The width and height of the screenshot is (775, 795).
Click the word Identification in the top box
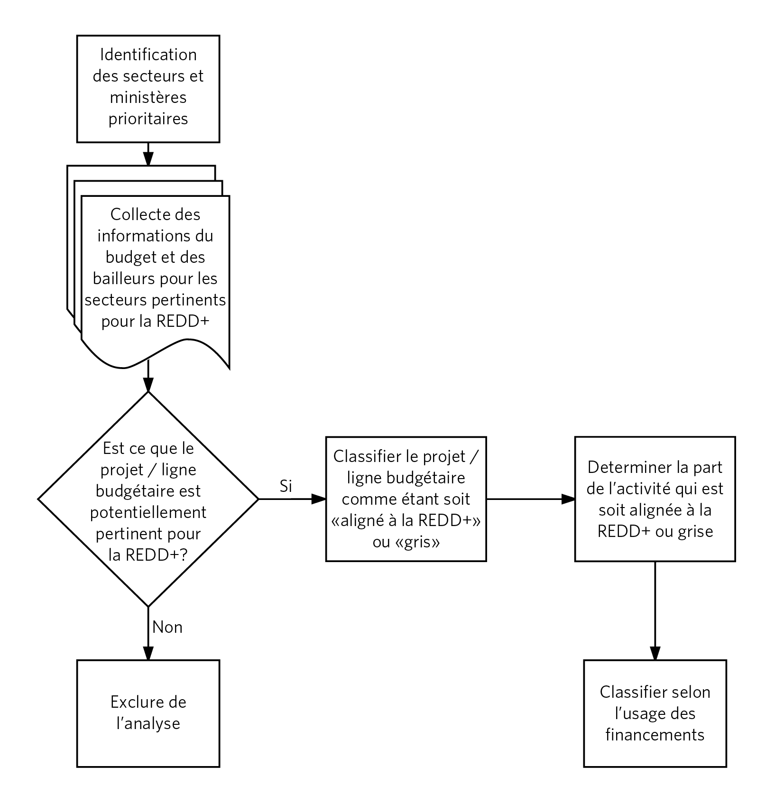tap(148, 55)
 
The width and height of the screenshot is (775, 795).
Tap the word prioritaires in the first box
tap(148, 119)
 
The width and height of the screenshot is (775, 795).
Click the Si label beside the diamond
tap(286, 486)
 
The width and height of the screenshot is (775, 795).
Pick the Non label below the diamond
tap(167, 627)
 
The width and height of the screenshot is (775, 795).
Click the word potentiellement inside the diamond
tap(148, 512)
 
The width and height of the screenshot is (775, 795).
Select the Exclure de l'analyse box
tap(148, 713)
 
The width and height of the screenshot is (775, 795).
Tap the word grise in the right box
tap(696, 531)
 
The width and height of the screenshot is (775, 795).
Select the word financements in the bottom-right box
tap(655, 735)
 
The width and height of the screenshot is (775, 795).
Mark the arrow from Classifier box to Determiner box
tap(531, 499)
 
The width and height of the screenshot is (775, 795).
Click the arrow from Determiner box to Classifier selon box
tap(655, 611)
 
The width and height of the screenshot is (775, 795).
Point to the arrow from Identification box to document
tap(148, 154)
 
